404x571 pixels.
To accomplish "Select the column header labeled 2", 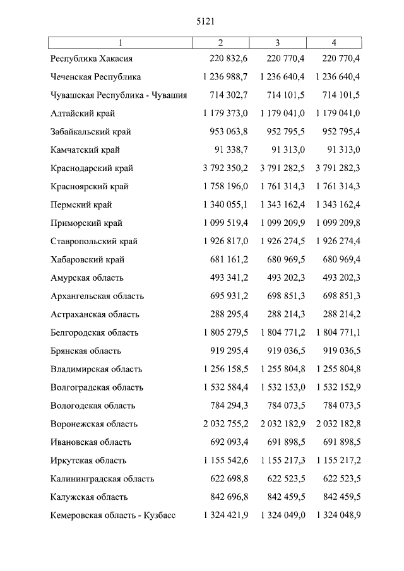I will pos(220,43).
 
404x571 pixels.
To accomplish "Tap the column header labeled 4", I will pos(334,43).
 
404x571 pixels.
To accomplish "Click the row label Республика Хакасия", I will pos(92,59).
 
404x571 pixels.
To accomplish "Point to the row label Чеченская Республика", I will pos(96,77).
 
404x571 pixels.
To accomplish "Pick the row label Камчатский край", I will pos(85,150).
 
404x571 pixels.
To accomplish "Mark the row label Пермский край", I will pos(81,205).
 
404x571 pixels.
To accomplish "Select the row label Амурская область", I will pos(87,278).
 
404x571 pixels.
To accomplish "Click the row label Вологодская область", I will pos(93,406).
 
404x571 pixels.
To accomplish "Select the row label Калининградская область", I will pos(102,479).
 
